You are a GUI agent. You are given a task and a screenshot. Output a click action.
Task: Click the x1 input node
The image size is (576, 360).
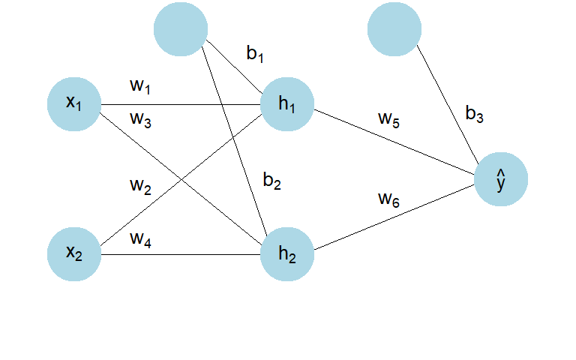click(x=74, y=104)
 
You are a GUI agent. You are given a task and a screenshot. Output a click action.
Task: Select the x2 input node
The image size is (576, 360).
click(x=74, y=254)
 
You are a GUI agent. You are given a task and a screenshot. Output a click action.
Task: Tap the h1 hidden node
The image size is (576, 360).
click(x=287, y=104)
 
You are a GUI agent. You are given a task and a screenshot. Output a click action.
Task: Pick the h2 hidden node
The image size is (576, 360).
click(x=287, y=254)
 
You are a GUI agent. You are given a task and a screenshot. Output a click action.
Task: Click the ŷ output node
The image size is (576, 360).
click(x=501, y=179)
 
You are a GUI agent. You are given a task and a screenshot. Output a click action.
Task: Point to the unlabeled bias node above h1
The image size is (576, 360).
click(x=181, y=29)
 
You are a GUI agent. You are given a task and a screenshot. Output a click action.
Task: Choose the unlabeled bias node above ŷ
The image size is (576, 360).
click(x=394, y=29)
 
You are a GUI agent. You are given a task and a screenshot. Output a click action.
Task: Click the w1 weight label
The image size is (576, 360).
click(x=140, y=87)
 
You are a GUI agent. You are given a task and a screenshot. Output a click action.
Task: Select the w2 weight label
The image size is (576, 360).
click(x=141, y=187)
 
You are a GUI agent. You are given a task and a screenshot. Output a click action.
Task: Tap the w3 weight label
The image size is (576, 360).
click(x=141, y=120)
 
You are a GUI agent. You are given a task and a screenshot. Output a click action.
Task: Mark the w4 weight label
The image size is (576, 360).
click(x=141, y=240)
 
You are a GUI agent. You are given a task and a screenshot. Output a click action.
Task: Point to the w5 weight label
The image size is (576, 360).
click(x=389, y=120)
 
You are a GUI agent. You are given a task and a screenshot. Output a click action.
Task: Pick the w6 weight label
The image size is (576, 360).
click(x=389, y=200)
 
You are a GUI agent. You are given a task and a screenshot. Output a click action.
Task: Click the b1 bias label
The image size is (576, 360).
click(x=255, y=54)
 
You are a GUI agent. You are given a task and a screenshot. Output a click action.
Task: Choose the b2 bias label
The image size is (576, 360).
click(x=272, y=181)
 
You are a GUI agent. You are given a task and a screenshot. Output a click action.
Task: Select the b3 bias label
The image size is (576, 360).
click(x=475, y=114)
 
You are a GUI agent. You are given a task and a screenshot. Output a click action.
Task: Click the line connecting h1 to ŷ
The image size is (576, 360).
click(x=394, y=142)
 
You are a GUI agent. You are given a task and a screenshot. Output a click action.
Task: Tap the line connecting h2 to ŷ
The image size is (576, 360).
click(x=394, y=217)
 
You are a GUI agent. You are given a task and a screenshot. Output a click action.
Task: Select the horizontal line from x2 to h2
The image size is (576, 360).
click(x=181, y=254)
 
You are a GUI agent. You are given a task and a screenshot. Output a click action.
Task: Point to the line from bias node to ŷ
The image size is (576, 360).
click(x=448, y=105)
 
